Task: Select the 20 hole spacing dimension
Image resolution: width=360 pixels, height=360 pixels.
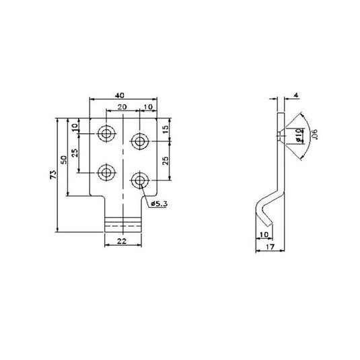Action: pyautogui.click(x=122, y=108)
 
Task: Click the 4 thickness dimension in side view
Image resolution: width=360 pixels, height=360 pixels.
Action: pyautogui.click(x=297, y=96)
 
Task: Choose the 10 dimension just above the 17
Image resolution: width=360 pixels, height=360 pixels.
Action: pyautogui.click(x=264, y=233)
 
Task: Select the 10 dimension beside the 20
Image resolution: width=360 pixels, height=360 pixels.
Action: pyautogui.click(x=147, y=108)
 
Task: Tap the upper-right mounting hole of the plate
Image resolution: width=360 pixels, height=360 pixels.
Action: pyautogui.click(x=139, y=141)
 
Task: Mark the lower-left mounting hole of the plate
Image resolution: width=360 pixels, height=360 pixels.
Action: pyautogui.click(x=106, y=173)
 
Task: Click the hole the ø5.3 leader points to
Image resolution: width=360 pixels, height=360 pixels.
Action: pyautogui.click(x=139, y=180)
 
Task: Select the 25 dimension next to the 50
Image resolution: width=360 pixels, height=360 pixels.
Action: pyautogui.click(x=75, y=153)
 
